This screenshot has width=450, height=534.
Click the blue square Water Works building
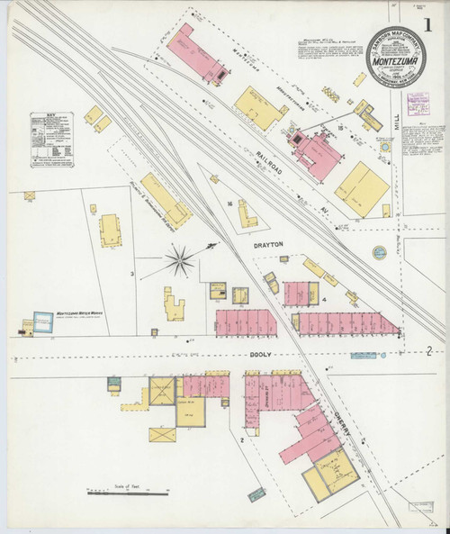(40, 320)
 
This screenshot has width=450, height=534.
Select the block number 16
(230, 204)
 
